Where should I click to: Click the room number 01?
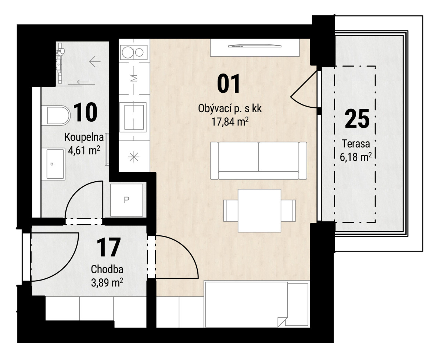(x=228, y=83)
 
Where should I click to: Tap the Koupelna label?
(x=84, y=137)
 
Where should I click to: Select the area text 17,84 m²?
(x=230, y=122)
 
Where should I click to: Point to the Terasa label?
(x=356, y=144)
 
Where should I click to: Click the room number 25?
(x=357, y=119)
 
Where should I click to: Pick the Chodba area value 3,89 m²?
(x=107, y=283)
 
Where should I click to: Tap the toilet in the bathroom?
(x=55, y=116)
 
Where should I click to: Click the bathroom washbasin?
(x=54, y=164)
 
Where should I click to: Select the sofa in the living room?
(x=258, y=161)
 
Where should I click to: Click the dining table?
(x=259, y=211)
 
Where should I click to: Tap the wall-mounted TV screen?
(x=254, y=46)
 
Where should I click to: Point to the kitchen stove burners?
(x=134, y=52)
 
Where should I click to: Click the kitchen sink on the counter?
(x=133, y=117)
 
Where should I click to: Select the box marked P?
(x=127, y=200)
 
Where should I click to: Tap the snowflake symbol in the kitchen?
(x=134, y=157)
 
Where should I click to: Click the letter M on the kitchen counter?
(x=134, y=78)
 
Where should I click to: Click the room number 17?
(x=108, y=247)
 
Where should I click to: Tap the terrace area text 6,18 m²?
(x=355, y=157)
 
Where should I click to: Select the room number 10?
(x=86, y=112)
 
